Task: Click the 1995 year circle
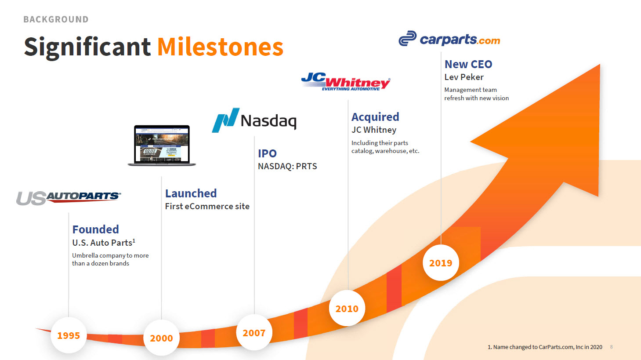(69, 335)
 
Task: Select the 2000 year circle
(161, 338)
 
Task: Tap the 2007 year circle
(254, 333)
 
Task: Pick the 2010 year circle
(347, 309)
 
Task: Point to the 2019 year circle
(441, 263)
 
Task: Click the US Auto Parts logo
(69, 198)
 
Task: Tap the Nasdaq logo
(254, 120)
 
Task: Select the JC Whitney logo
(346, 82)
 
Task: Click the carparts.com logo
(449, 40)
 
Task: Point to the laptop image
(162, 145)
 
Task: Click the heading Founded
(96, 229)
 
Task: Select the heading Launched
(191, 193)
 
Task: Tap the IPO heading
(267, 153)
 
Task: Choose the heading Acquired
(375, 117)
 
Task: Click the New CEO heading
(468, 64)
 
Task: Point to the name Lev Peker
(464, 77)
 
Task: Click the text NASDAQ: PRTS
(287, 166)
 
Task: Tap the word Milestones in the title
(220, 47)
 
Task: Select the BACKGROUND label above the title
(56, 19)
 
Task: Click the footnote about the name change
(545, 347)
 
